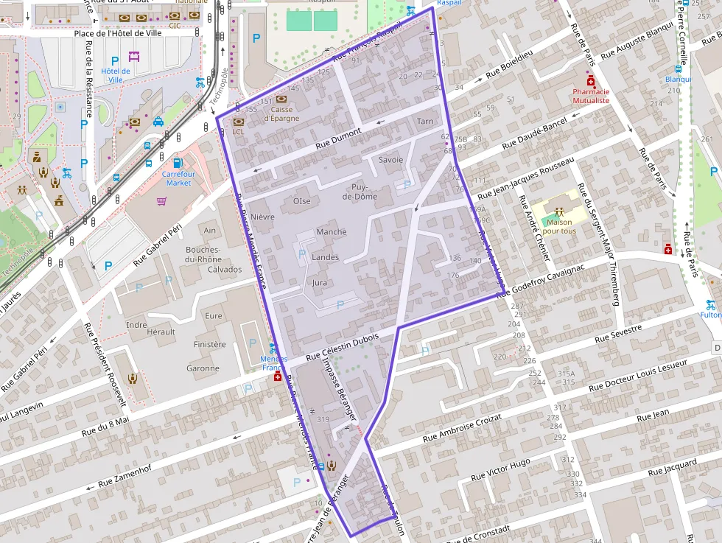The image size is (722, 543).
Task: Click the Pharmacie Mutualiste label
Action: [x=591, y=96]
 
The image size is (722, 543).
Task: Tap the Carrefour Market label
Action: [x=178, y=178]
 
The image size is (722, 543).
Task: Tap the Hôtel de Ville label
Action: [x=115, y=75]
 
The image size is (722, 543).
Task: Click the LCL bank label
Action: [x=238, y=132]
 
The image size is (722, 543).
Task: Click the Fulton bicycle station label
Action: [x=710, y=315]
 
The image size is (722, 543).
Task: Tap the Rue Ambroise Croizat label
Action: [x=462, y=428]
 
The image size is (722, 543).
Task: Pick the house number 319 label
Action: [x=323, y=419]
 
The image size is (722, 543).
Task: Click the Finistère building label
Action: [x=210, y=344]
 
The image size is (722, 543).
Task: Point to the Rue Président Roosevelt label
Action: [x=108, y=365]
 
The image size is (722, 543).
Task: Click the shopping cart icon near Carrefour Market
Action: [x=161, y=200]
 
